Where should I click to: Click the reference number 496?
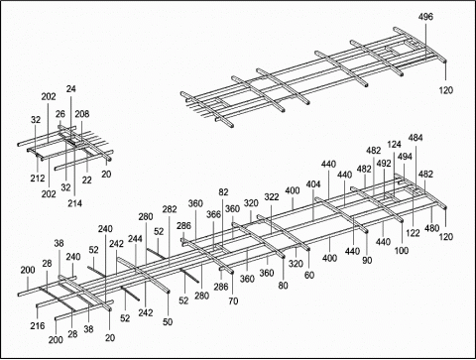point(425,17)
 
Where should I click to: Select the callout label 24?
point(70,88)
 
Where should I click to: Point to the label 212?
point(37,180)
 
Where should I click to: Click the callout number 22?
point(86,180)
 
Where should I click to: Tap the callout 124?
point(394,145)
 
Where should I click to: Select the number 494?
point(405,156)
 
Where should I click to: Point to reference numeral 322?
point(271,196)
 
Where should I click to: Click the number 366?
point(213,214)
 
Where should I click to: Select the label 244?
point(135,239)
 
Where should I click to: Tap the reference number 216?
point(38,325)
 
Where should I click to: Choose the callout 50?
point(168,321)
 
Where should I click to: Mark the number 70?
point(233,300)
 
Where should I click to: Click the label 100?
point(402,251)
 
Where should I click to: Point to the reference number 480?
point(432,227)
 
